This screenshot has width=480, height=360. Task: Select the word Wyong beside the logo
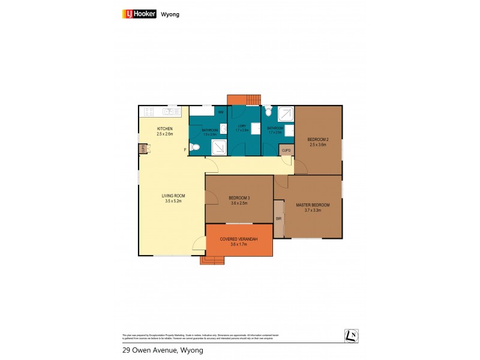[x=170, y=14]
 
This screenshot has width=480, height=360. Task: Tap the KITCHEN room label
[x=165, y=129]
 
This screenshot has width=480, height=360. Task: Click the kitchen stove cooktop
[x=150, y=111]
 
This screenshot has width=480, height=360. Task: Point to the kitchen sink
[x=172, y=111]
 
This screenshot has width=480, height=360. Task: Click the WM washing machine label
[x=221, y=112]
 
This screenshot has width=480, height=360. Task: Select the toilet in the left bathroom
[x=194, y=148]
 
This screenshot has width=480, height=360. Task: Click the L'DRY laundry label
[x=241, y=126]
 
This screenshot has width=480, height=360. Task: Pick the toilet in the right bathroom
[x=268, y=112]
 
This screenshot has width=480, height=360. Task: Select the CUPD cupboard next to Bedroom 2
[x=286, y=150]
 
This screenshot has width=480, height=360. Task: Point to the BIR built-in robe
[x=279, y=219]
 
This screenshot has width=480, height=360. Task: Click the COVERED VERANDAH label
[x=239, y=239]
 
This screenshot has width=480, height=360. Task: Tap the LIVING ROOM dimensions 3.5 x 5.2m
[x=173, y=201]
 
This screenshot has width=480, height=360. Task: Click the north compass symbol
[x=351, y=336]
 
